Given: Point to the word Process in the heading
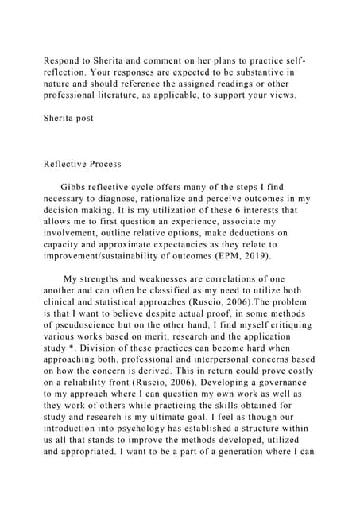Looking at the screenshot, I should pyautogui.click(x=103, y=164).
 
